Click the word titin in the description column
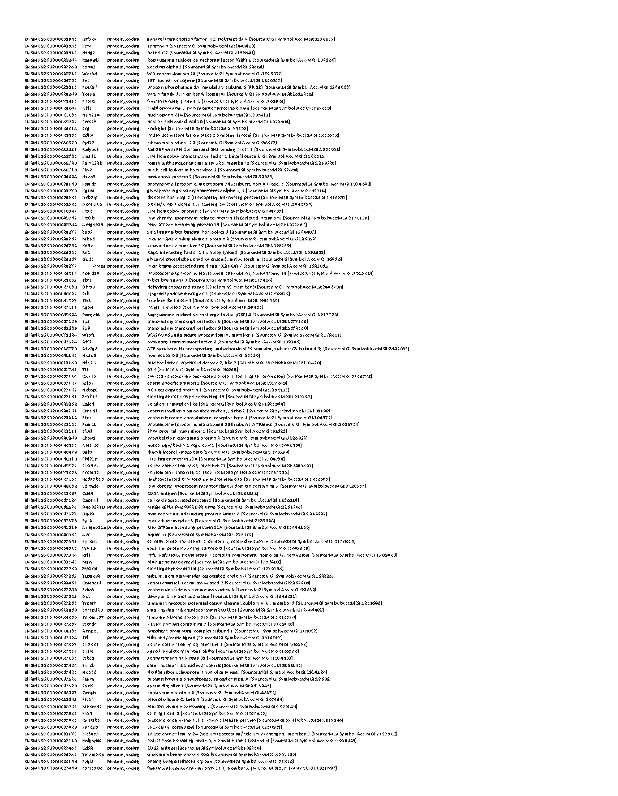click(152, 369)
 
